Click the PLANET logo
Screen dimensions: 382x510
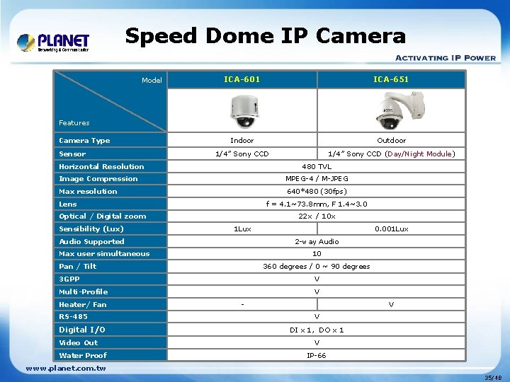pyautogui.click(x=53, y=42)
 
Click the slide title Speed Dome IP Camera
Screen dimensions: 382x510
pyautogui.click(x=266, y=36)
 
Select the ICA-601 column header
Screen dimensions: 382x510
pyautogui.click(x=242, y=79)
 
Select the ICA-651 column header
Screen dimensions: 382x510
pyautogui.click(x=391, y=79)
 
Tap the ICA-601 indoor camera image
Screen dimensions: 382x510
pyautogui.click(x=242, y=110)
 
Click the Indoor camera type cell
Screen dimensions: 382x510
pyautogui.click(x=242, y=140)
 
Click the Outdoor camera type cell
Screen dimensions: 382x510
pyautogui.click(x=391, y=140)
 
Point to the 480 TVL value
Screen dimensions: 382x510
pyautogui.click(x=317, y=166)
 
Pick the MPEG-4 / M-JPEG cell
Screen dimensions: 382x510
pyautogui.click(x=317, y=179)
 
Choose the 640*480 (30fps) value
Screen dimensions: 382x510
pyautogui.click(x=317, y=191)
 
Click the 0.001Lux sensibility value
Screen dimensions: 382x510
pyautogui.click(x=391, y=228)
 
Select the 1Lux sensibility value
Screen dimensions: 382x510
pyautogui.click(x=242, y=228)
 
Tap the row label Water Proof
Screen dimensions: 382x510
pyautogui.click(x=83, y=355)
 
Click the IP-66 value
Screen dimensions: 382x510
pyautogui.click(x=317, y=355)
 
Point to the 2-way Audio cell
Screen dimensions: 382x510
pyautogui.click(x=317, y=241)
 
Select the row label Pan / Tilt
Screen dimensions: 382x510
pyautogui.click(x=78, y=266)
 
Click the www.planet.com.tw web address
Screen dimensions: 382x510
pyautogui.click(x=66, y=368)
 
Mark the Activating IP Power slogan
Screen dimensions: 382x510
pyautogui.click(x=445, y=58)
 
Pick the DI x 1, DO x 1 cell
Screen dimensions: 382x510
pyautogui.click(x=317, y=330)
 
